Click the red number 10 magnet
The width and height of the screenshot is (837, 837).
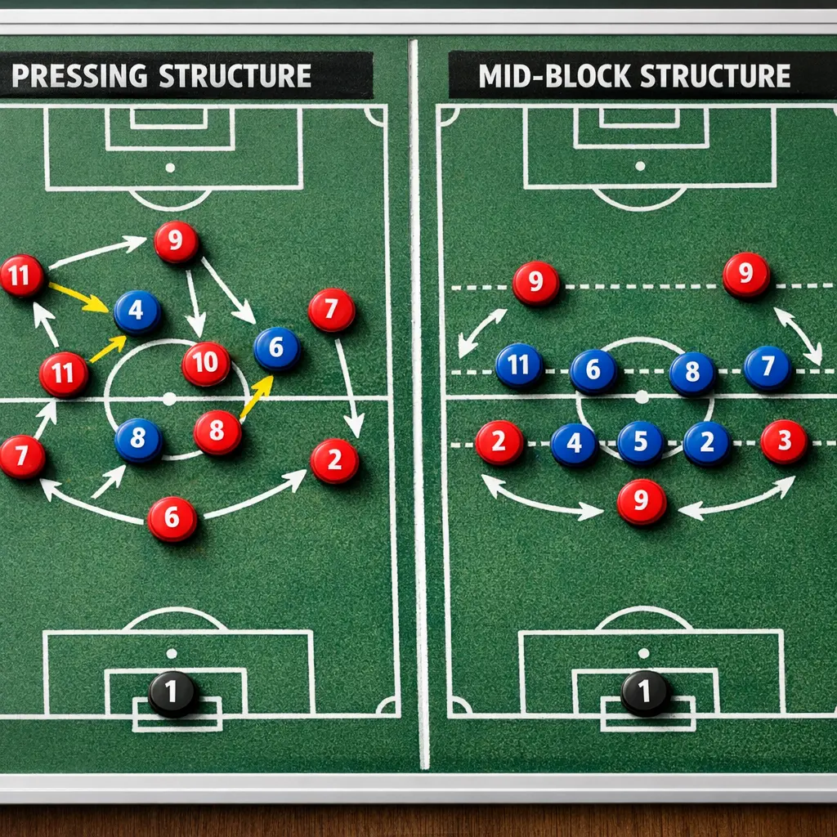coord(206,364)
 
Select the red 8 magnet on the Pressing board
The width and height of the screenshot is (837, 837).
coord(218,432)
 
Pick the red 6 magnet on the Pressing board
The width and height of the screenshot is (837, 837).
coord(172,519)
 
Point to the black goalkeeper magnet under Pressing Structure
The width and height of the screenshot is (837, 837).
coord(172,694)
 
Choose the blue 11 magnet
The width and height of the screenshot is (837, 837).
coord(519,365)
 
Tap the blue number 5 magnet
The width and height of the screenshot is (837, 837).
coord(641,443)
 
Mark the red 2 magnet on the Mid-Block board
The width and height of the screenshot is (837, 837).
coord(499,443)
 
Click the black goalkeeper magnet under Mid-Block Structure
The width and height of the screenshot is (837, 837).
coord(645,694)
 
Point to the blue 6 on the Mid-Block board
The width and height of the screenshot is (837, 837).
coord(593,372)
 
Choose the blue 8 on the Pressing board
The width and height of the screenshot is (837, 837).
coord(138,440)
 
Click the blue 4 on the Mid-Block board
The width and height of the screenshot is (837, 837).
coord(574,445)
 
